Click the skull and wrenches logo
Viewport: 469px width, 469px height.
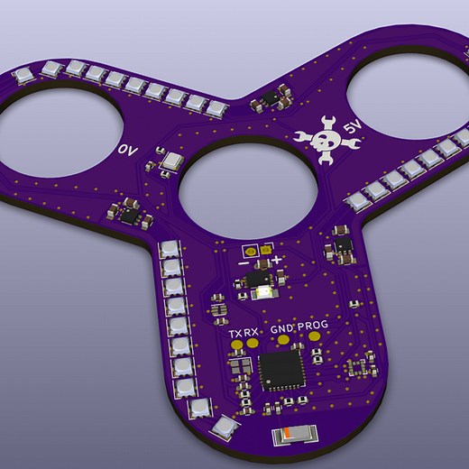coord(323,137)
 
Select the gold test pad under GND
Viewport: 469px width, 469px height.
coord(283,340)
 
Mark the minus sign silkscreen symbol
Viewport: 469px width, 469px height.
coord(243,262)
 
